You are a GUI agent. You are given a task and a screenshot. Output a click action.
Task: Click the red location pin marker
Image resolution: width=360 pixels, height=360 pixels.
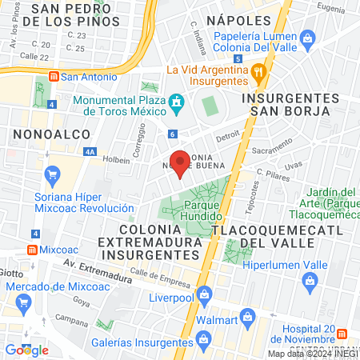click(x=181, y=163)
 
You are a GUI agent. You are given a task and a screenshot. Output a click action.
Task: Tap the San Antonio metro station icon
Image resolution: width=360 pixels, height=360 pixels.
click(x=53, y=77)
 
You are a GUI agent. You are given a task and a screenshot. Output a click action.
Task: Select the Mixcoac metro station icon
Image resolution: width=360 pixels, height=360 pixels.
click(x=31, y=250)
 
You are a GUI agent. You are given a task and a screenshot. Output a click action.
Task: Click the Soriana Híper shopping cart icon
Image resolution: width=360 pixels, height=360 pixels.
click(x=54, y=173)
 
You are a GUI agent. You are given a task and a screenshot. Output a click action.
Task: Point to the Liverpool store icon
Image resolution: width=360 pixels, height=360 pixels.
click(x=204, y=294)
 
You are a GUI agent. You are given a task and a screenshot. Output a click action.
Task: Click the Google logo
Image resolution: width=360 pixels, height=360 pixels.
click(x=26, y=350)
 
